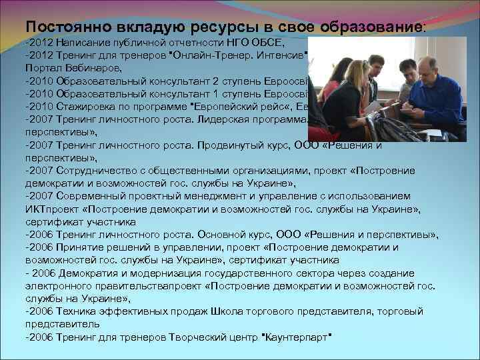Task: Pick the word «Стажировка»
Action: pyautogui.click(x=90, y=107)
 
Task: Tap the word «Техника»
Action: pyautogui.click(x=77, y=311)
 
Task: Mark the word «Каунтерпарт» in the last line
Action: pyautogui.click(x=297, y=337)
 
